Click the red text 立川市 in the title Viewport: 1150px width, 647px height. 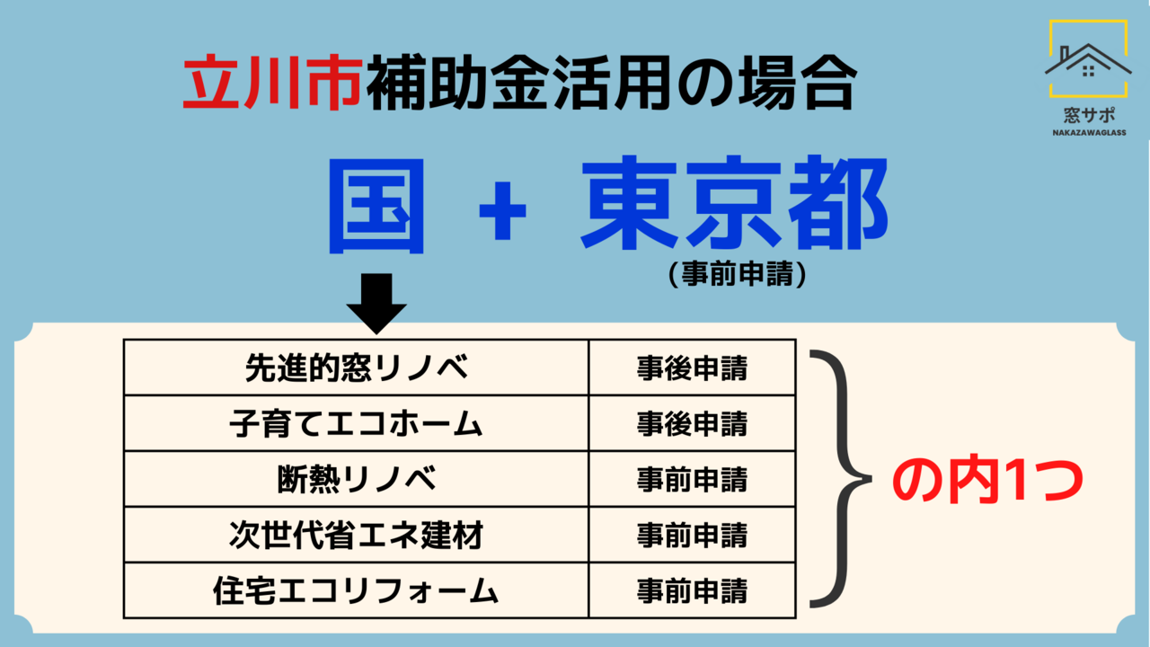click(273, 82)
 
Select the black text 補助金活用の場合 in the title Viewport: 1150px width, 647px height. click(612, 82)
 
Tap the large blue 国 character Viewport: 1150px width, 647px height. click(376, 207)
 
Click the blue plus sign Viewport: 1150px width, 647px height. click(502, 210)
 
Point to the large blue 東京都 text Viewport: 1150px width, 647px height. click(734, 203)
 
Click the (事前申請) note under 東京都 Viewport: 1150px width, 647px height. click(738, 273)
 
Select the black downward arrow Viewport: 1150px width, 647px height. click(376, 304)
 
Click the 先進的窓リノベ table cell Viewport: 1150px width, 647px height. click(357, 368)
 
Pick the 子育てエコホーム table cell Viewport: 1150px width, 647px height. click(357, 423)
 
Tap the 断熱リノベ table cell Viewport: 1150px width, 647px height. click(357, 479)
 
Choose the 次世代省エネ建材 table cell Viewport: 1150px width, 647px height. click(357, 535)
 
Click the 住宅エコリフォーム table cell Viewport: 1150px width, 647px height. click(357, 590)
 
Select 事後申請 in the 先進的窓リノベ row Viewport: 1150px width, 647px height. click(692, 368)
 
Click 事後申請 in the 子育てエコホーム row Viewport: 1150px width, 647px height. click(692, 424)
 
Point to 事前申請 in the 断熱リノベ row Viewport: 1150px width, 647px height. click(692, 480)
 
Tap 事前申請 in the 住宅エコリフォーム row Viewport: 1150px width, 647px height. click(692, 591)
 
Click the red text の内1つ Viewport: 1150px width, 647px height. click(987, 481)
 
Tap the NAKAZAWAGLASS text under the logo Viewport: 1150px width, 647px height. click(1089, 132)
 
